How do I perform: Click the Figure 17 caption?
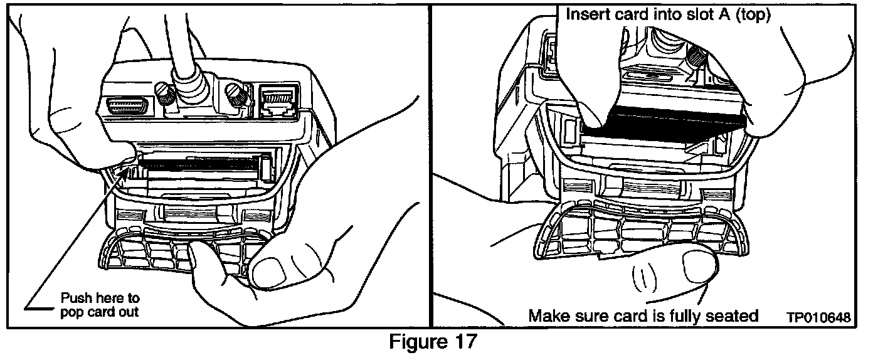click(x=433, y=342)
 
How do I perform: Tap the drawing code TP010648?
click(x=819, y=318)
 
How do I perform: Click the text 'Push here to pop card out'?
click(x=100, y=304)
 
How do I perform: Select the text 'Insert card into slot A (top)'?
click(x=668, y=14)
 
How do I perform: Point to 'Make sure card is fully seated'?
click(x=643, y=315)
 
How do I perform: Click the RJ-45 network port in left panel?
click(x=277, y=101)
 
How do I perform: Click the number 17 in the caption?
click(x=465, y=342)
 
